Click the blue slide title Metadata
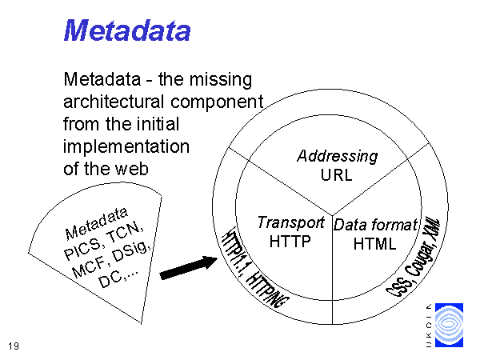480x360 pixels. (127, 30)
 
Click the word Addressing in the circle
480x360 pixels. (338, 157)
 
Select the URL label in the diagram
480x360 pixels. (337, 175)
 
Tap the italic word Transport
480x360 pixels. (291, 222)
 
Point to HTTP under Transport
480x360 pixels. (290, 242)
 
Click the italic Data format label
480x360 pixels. (376, 225)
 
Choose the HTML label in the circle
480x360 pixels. (374, 244)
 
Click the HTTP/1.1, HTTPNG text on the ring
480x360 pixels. (255, 267)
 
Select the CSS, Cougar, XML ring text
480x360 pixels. (414, 257)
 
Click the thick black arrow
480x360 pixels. (189, 267)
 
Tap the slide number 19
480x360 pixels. (14, 346)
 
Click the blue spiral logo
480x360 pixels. (449, 325)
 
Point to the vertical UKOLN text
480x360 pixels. (429, 325)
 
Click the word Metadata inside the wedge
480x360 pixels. (96, 223)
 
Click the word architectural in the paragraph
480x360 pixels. (114, 102)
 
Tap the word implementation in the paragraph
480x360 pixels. (126, 147)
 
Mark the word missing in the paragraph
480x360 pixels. (221, 80)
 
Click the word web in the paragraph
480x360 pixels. (132, 169)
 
